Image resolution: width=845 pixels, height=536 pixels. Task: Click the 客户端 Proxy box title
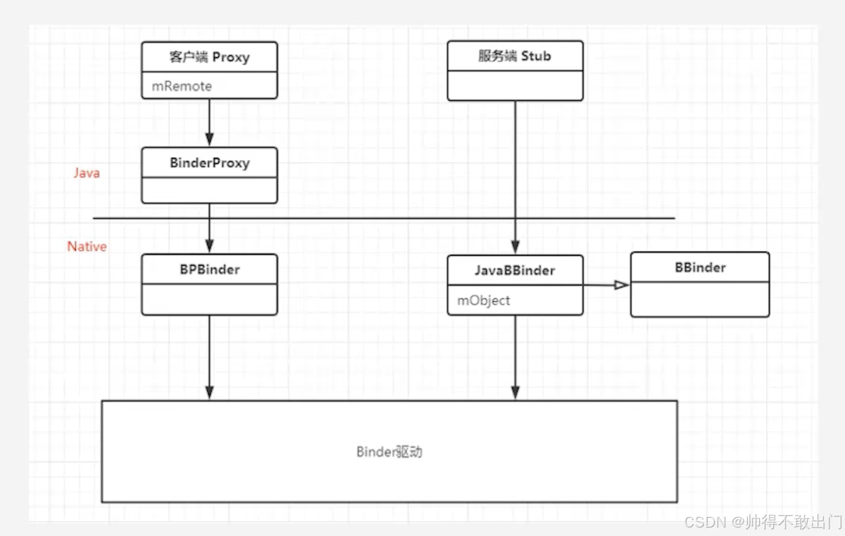[x=209, y=57]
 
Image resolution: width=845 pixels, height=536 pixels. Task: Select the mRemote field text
[x=182, y=86]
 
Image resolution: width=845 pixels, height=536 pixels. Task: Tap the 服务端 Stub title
[x=515, y=56]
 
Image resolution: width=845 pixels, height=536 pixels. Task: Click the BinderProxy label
[x=209, y=163]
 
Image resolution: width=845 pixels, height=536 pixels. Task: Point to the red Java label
[x=87, y=173]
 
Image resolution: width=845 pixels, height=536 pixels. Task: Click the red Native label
[x=87, y=247]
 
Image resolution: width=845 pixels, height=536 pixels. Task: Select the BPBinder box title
[x=209, y=269]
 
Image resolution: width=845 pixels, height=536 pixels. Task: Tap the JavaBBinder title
[x=515, y=270]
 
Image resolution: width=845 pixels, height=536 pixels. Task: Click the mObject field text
[x=483, y=300]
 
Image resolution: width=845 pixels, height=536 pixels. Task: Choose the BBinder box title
[x=700, y=267]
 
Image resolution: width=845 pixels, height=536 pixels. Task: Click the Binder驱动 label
[x=389, y=452]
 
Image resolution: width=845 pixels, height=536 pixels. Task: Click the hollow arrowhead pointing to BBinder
[x=621, y=285]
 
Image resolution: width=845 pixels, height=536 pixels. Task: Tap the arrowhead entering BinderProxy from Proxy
[x=209, y=139]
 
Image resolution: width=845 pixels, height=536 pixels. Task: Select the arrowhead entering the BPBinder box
[x=209, y=246]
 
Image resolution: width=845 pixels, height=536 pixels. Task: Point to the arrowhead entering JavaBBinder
[x=515, y=246]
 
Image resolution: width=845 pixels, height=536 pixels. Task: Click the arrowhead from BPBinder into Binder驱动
[x=209, y=392]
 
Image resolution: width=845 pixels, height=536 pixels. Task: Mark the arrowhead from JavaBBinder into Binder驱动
[x=515, y=392]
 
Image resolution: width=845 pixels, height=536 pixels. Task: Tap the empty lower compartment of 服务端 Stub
[x=515, y=86]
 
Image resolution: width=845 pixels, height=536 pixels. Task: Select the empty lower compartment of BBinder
[x=700, y=299]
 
